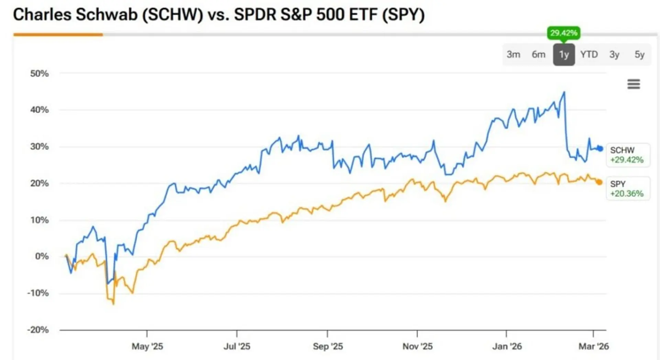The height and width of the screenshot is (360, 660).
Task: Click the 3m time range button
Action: (513, 55)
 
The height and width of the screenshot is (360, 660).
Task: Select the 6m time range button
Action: (538, 55)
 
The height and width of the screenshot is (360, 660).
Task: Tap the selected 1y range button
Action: (564, 55)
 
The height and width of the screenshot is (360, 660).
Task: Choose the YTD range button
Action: (589, 55)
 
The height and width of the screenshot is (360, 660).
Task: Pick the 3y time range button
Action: (614, 55)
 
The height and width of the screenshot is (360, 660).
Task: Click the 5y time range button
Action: (639, 55)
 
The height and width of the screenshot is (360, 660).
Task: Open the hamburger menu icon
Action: (634, 84)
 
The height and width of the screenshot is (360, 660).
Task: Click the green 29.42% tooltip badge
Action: (563, 33)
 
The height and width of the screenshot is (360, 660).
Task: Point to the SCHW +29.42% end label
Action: (627, 155)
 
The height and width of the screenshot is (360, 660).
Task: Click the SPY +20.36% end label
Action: (627, 189)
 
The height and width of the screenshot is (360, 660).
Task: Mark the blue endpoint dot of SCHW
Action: (600, 149)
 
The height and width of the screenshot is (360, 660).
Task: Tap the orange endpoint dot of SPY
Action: (599, 182)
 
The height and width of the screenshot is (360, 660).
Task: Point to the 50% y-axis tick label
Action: (40, 74)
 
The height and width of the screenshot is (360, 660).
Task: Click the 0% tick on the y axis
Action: (42, 256)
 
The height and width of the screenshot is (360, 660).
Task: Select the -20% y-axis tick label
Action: (38, 330)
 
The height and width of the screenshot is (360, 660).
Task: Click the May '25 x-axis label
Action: (147, 346)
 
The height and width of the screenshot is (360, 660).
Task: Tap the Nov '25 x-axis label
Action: (417, 346)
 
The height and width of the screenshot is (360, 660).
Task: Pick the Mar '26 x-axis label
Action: (594, 346)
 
